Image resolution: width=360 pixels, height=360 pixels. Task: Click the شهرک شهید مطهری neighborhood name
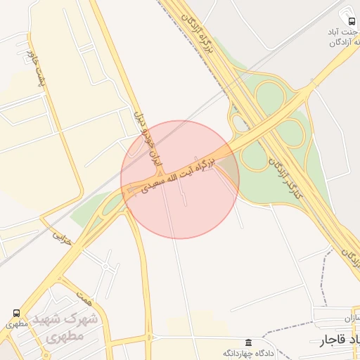70,327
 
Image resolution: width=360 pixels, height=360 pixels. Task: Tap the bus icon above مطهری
15,313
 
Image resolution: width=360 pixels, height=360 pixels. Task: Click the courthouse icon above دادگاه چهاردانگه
247,341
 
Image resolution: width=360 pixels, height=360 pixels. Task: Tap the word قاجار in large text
331,341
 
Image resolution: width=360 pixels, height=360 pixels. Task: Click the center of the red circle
180,180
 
